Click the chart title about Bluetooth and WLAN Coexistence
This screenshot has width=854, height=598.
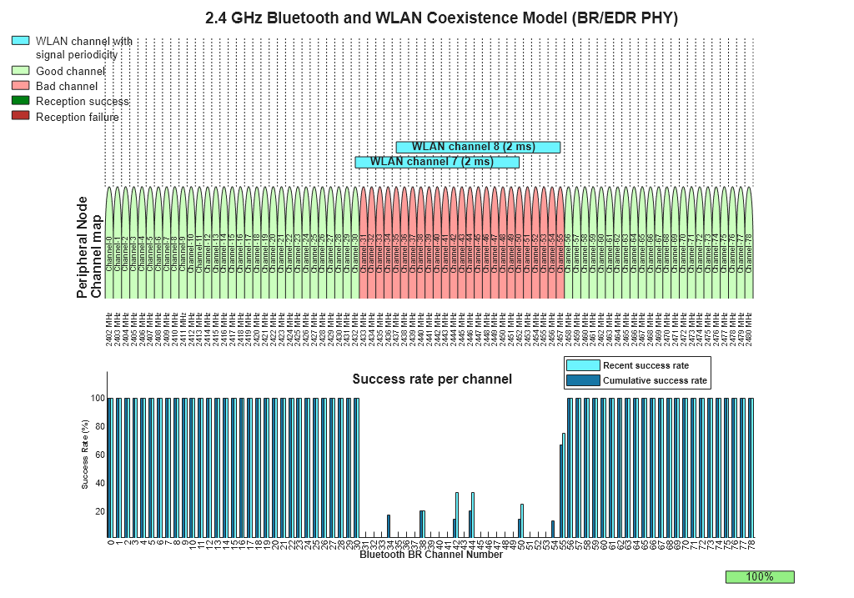click(x=441, y=18)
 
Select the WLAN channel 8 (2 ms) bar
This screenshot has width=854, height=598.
click(x=478, y=147)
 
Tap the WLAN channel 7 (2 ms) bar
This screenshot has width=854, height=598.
click(x=437, y=162)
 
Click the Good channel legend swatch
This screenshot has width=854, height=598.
click(x=21, y=71)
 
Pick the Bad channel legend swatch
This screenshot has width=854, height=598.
click(x=21, y=86)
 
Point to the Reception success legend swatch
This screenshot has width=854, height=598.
click(x=21, y=101)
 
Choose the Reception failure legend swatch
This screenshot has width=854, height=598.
click(x=21, y=117)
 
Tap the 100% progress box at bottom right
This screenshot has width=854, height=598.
click(x=760, y=576)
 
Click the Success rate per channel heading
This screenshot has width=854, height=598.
click(x=432, y=379)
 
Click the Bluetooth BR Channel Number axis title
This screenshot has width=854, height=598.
click(x=431, y=555)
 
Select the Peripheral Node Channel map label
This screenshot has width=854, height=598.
click(x=89, y=248)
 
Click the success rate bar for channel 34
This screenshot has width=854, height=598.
click(x=389, y=526)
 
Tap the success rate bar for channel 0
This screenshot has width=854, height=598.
click(x=110, y=468)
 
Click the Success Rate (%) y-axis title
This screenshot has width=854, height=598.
click(x=85, y=454)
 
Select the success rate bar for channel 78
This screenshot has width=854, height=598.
click(x=751, y=468)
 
